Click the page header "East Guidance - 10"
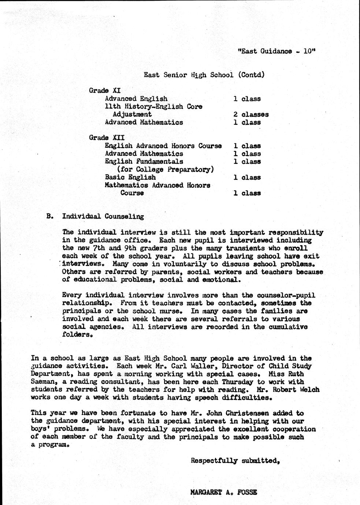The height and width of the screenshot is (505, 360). click(277, 52)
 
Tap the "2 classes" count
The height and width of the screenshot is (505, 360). click(251, 114)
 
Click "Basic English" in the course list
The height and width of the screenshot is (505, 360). click(130, 177)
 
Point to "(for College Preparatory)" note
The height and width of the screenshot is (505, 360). click(165, 169)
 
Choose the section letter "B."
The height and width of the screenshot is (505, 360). click(50, 216)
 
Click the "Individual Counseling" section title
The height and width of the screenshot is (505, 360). click(103, 216)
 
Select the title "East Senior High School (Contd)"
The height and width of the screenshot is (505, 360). click(204, 75)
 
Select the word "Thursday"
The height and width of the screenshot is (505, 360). click(237, 382)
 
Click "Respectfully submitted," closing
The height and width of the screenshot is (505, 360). click(235, 461)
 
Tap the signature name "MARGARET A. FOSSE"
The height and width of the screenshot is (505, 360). click(224, 492)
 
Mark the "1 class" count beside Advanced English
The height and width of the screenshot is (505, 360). click(247, 99)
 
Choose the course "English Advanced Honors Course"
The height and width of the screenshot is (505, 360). click(163, 146)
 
